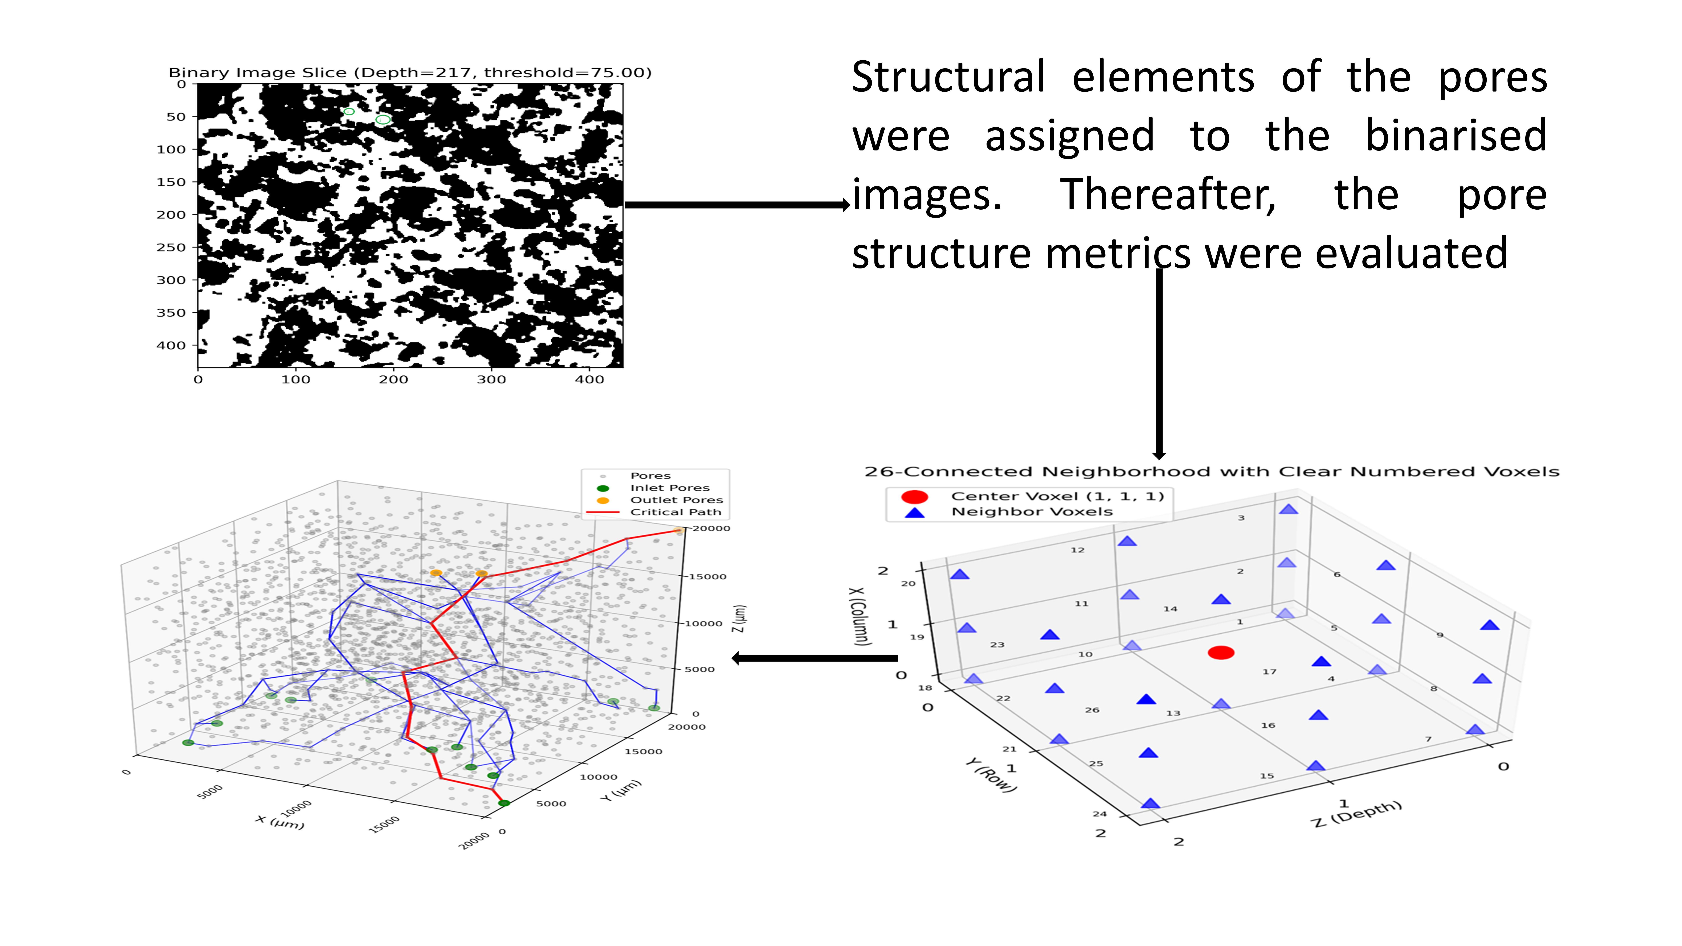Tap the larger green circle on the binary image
click(x=383, y=119)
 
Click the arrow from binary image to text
click(x=736, y=204)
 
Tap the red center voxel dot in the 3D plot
click(x=1220, y=652)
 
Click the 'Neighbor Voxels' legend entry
click(x=1032, y=512)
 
